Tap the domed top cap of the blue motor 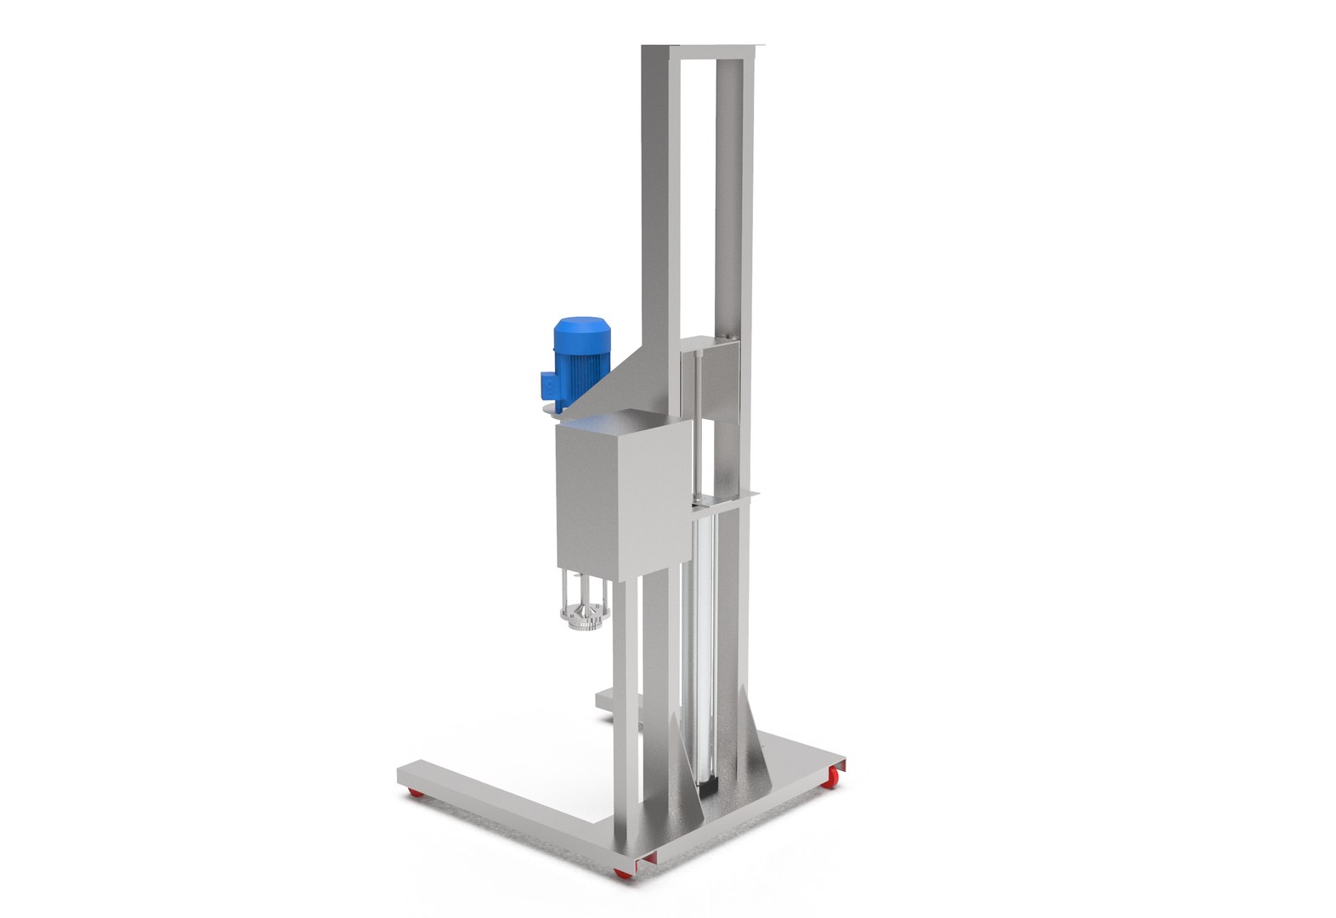click(578, 326)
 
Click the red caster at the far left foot click(416, 794)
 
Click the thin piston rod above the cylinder click(696, 425)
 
